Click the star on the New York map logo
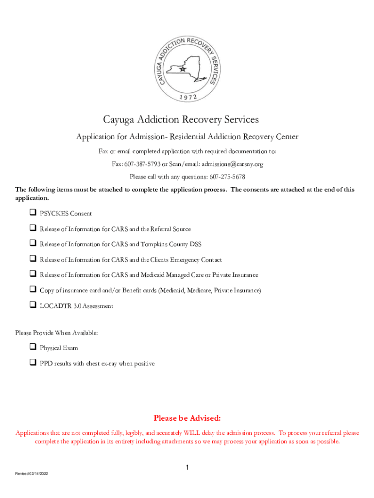[183, 69]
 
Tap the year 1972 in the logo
[187, 97]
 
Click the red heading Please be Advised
[187, 418]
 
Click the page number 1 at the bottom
[187, 468]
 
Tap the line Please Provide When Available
[56, 333]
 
